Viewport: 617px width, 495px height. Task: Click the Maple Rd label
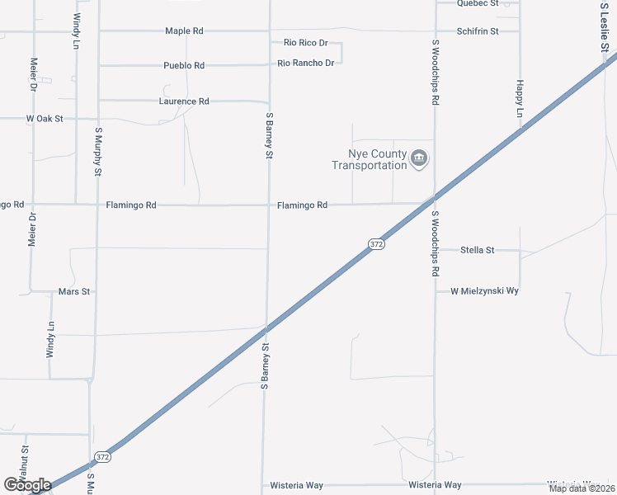pos(184,31)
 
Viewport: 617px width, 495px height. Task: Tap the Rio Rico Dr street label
pos(305,42)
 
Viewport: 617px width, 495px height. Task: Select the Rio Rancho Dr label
pos(305,63)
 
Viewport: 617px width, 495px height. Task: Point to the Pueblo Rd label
pos(183,65)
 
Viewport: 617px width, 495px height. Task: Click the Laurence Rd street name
pos(184,101)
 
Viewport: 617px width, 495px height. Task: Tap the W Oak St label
pos(45,119)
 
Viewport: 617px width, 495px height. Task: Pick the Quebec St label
pos(478,3)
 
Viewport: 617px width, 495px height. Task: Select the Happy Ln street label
pos(520,97)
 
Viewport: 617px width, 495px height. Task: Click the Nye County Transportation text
pos(370,159)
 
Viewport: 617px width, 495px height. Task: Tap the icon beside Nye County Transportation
pos(419,158)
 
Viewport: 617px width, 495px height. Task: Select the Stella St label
pos(477,250)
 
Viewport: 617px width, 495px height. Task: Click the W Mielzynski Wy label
pos(483,291)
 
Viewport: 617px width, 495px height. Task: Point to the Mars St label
pos(73,292)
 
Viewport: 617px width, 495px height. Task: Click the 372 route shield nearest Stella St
pos(375,244)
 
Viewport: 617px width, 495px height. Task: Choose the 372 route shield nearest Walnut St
pos(102,456)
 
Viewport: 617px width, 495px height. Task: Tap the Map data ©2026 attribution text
pos(582,488)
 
